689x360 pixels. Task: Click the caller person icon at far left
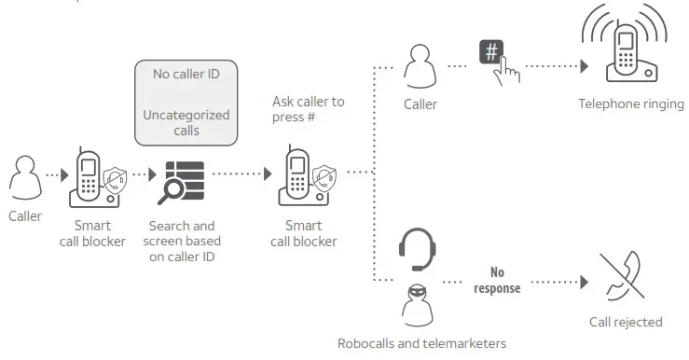click(x=24, y=177)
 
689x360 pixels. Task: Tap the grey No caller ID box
click(x=186, y=102)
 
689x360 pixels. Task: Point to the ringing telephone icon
click(x=622, y=49)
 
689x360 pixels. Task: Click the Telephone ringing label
click(x=624, y=104)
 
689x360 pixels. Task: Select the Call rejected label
click(x=626, y=322)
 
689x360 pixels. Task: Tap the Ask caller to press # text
click(x=308, y=109)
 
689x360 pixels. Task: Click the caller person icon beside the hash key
click(x=420, y=67)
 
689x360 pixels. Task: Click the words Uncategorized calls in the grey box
click(x=186, y=123)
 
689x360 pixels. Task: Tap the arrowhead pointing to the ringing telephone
click(x=584, y=66)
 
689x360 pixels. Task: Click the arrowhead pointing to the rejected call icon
click(x=584, y=281)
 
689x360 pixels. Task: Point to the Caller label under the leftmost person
click(x=25, y=216)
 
